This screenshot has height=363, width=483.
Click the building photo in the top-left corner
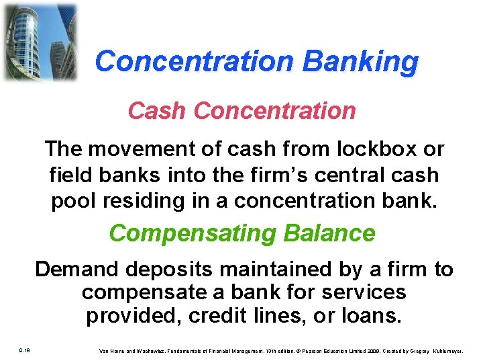40,42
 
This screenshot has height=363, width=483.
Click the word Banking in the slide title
360,61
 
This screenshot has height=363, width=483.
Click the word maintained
280,270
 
